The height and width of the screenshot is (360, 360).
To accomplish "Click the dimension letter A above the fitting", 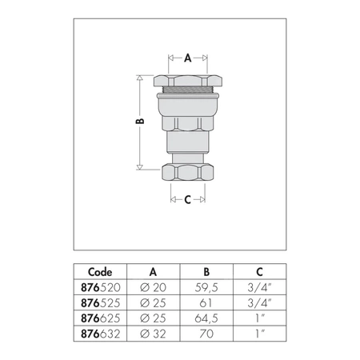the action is click(x=188, y=58).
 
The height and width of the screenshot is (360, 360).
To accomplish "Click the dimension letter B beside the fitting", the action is click(x=140, y=121).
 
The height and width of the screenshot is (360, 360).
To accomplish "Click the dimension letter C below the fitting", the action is click(x=188, y=199).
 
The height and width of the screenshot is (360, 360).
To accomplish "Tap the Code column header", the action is click(x=100, y=272).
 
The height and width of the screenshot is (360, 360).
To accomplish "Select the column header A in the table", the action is click(x=153, y=272).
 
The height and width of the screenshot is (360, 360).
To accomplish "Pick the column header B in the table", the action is click(x=206, y=272).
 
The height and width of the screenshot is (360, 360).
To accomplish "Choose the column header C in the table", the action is click(x=259, y=272).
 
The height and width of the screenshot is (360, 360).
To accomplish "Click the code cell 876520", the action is click(x=101, y=287).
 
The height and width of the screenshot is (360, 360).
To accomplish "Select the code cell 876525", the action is click(x=101, y=303).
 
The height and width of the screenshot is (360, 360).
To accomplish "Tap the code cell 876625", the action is click(x=101, y=318).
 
